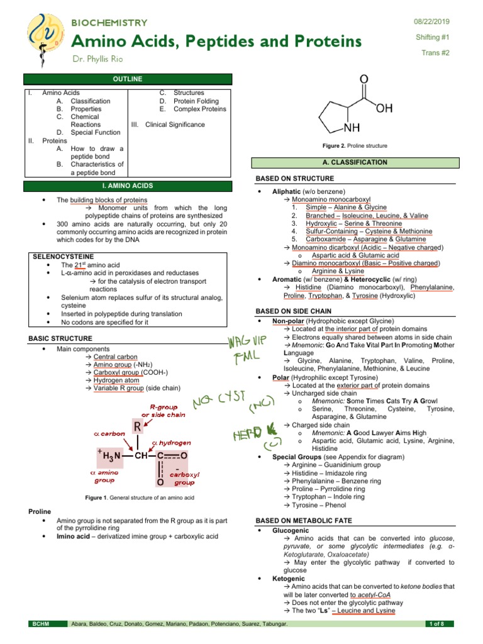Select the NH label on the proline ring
pos(352,128)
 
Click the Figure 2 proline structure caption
pos(355,146)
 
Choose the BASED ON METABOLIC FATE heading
pos(303,521)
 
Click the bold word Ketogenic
pos(288,579)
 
